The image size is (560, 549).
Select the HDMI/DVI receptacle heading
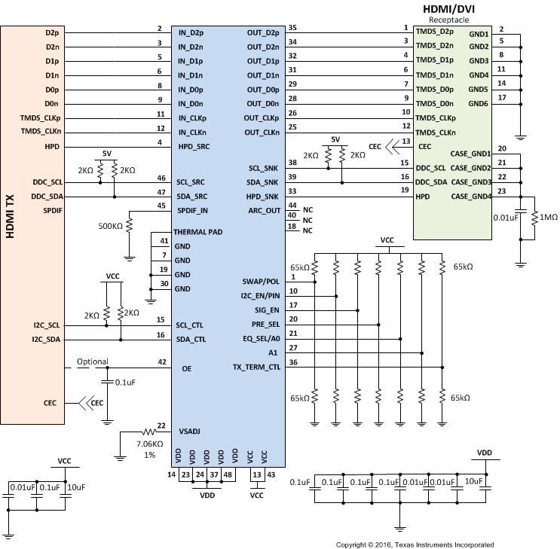point(450,8)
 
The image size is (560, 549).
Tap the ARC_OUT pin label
point(264,210)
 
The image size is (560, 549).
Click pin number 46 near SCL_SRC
point(160,177)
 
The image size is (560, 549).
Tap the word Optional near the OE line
point(92,361)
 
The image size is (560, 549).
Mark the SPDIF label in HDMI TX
point(52,210)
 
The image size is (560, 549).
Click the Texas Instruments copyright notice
point(415,544)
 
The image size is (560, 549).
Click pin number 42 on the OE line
point(160,361)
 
